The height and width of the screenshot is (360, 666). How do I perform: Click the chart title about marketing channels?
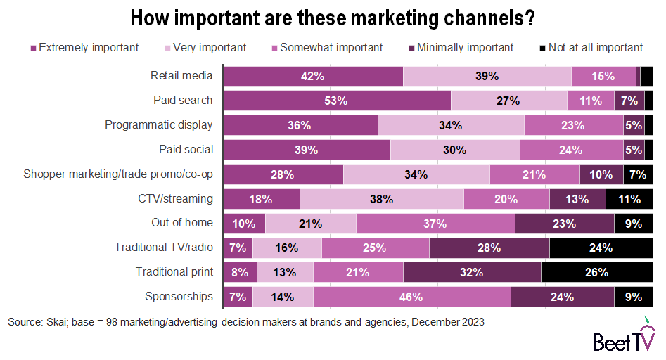(x=333, y=17)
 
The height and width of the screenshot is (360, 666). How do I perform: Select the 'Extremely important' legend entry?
(x=84, y=48)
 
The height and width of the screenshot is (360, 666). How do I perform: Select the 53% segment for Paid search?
(x=336, y=101)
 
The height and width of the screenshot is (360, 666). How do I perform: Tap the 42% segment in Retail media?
(x=312, y=76)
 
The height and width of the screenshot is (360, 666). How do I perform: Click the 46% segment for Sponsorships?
(x=411, y=297)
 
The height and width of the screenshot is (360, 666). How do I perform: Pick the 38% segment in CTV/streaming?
(x=381, y=199)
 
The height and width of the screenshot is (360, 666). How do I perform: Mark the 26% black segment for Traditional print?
(x=596, y=272)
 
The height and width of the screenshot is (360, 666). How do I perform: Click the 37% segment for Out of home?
(x=435, y=224)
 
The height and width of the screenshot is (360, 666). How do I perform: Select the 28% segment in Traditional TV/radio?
(x=489, y=247)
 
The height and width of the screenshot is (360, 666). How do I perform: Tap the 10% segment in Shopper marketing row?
(x=601, y=174)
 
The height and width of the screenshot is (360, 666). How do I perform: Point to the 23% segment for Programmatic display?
(x=573, y=125)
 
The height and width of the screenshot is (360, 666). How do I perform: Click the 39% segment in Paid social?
(x=307, y=150)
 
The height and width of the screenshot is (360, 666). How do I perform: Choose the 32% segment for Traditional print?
(x=472, y=272)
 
